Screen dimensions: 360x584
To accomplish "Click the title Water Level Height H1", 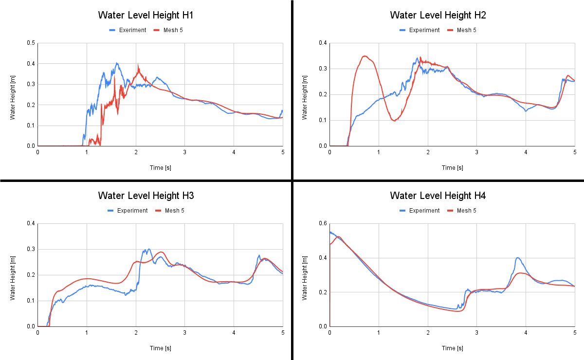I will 146,15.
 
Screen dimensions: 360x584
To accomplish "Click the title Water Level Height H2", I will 438,15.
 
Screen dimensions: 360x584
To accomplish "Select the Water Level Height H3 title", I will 146,196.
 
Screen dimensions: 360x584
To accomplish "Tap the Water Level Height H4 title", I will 438,196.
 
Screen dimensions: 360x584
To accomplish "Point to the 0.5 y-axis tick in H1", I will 31,43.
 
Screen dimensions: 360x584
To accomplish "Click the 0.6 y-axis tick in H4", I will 323,223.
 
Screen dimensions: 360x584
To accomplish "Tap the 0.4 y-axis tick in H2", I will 323,43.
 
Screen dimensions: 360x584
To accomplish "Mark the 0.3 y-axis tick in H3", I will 31,249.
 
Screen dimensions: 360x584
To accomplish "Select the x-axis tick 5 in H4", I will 574,333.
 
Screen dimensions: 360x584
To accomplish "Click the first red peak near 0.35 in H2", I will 365,56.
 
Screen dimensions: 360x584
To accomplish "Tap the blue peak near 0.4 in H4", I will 517,258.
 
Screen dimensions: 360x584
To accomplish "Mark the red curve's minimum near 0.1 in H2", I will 394,120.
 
